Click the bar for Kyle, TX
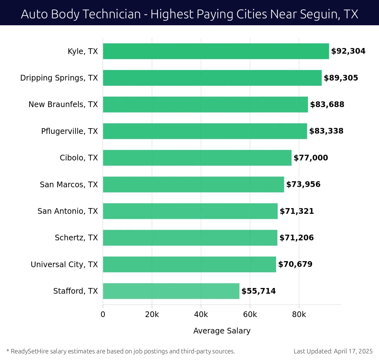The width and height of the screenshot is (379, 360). click(x=216, y=51)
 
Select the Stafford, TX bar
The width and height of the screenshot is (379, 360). click(x=171, y=291)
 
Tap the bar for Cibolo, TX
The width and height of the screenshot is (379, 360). click(x=197, y=158)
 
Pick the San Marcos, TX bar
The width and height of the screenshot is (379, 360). click(x=193, y=184)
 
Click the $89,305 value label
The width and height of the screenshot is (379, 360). click(x=341, y=78)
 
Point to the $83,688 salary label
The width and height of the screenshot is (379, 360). click(x=327, y=105)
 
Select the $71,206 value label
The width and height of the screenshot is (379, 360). click(x=296, y=238)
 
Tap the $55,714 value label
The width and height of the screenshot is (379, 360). click(x=258, y=291)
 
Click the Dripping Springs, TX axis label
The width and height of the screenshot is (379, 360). click(x=59, y=78)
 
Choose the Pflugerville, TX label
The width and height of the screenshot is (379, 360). click(x=69, y=131)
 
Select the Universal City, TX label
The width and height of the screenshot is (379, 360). click(x=64, y=265)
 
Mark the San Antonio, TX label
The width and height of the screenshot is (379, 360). click(x=68, y=211)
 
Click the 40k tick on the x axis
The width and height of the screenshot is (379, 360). click(x=201, y=315)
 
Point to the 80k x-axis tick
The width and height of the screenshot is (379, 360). click(x=299, y=315)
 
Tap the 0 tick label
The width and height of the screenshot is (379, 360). click(x=103, y=315)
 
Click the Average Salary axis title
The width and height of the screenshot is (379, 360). click(x=222, y=331)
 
